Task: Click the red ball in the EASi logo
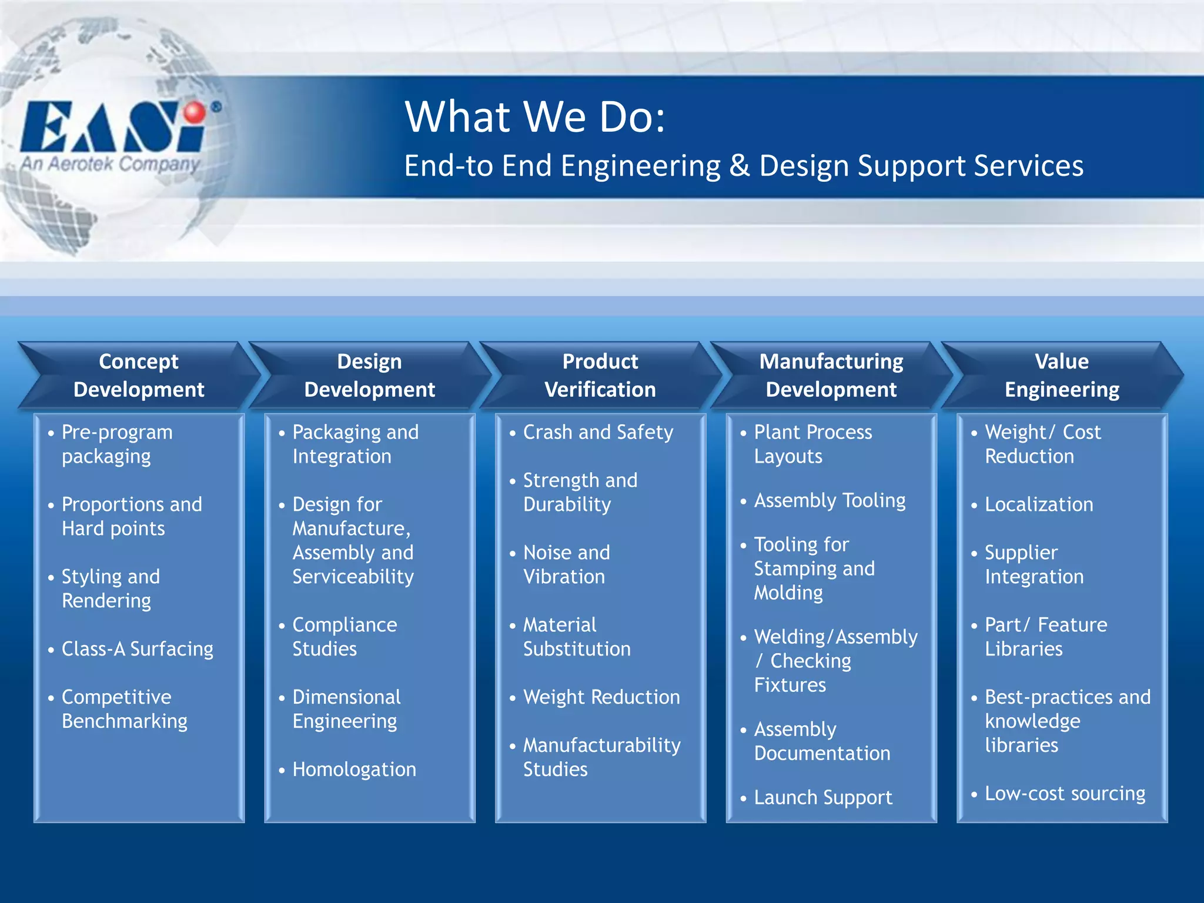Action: click(195, 112)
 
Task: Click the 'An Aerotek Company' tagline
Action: click(111, 163)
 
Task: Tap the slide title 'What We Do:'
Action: click(535, 116)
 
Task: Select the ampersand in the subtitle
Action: click(739, 165)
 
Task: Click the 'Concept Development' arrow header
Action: click(139, 375)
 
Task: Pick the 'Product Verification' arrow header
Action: click(600, 375)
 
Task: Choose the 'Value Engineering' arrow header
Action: click(1062, 375)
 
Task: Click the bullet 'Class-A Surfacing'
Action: click(138, 648)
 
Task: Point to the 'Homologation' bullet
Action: click(354, 769)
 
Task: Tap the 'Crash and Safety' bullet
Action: click(598, 432)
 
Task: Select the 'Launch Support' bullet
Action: click(823, 797)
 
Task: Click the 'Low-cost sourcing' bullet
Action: click(1065, 793)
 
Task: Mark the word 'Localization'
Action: click(1039, 504)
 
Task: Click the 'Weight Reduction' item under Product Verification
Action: click(601, 697)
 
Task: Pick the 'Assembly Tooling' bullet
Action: click(830, 500)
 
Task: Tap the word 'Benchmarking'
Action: click(125, 721)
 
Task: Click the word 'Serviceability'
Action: click(353, 577)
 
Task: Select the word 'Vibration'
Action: click(564, 577)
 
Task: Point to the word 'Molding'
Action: click(788, 593)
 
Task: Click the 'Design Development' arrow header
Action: click(369, 375)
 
